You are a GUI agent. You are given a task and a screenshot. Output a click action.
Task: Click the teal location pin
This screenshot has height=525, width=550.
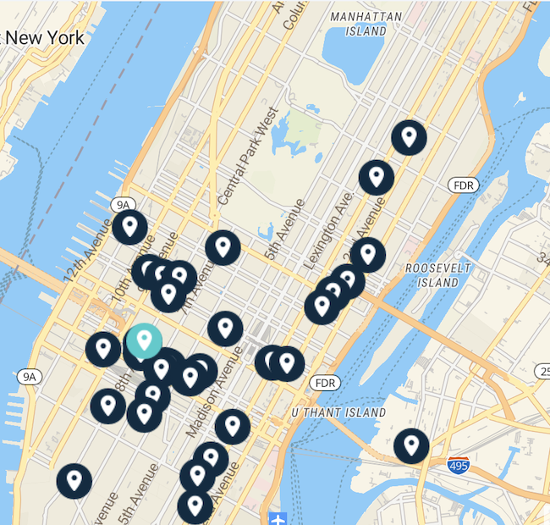(144, 341)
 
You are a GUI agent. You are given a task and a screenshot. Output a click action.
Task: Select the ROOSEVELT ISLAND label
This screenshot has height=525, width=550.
(432, 274)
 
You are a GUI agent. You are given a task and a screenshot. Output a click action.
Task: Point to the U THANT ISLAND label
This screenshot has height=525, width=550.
(338, 412)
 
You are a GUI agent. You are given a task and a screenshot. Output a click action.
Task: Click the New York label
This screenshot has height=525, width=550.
(47, 38)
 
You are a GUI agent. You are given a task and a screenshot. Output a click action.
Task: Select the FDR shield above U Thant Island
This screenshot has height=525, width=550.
(325, 383)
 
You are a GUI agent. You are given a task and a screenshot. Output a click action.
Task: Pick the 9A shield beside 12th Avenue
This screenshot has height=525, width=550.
(124, 204)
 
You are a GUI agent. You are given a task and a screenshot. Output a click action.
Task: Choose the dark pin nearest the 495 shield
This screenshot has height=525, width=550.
(411, 445)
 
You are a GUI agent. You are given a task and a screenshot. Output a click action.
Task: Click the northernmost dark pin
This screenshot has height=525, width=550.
(409, 136)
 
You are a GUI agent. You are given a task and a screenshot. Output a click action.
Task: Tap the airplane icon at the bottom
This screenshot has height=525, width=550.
(277, 517)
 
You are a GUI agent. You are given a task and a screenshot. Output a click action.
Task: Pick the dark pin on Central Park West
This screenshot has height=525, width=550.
(223, 247)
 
